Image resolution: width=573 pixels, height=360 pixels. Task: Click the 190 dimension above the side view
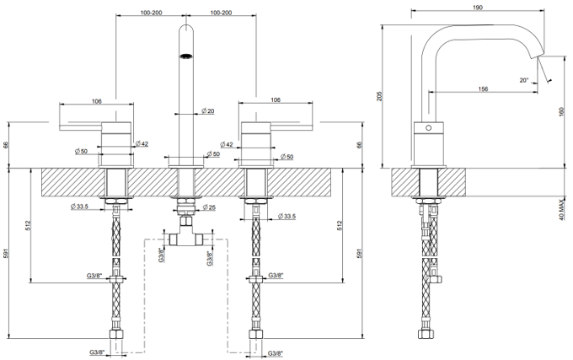tap(478, 8)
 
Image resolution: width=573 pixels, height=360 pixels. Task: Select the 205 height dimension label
tap(379, 96)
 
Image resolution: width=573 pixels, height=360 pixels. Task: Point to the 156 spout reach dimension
tap(483, 89)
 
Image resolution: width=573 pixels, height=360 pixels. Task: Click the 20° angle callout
tap(524, 80)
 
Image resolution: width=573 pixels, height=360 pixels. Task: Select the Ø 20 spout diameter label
tap(207, 111)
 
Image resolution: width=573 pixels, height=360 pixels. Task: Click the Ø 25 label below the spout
tap(209, 207)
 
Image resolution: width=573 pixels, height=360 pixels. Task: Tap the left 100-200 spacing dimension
tap(151, 13)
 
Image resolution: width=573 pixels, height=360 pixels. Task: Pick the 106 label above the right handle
tap(276, 99)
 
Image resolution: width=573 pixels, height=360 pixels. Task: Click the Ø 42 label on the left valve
tap(142, 144)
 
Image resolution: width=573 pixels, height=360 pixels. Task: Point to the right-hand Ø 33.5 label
tap(286, 217)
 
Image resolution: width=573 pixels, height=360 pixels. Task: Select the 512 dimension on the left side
tap(28, 225)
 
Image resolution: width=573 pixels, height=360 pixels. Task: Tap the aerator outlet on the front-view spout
tap(186, 56)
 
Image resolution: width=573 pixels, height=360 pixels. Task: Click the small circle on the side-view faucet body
tap(429, 128)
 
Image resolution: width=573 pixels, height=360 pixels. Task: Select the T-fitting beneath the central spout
tap(186, 234)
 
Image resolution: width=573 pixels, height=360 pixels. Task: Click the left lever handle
tap(95, 126)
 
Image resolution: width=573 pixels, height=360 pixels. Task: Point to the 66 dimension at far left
tap(6, 145)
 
